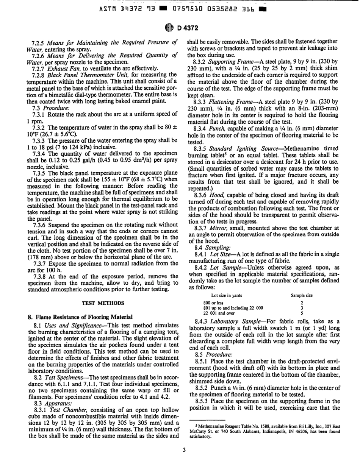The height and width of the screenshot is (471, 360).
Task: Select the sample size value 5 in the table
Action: [x=302, y=292]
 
